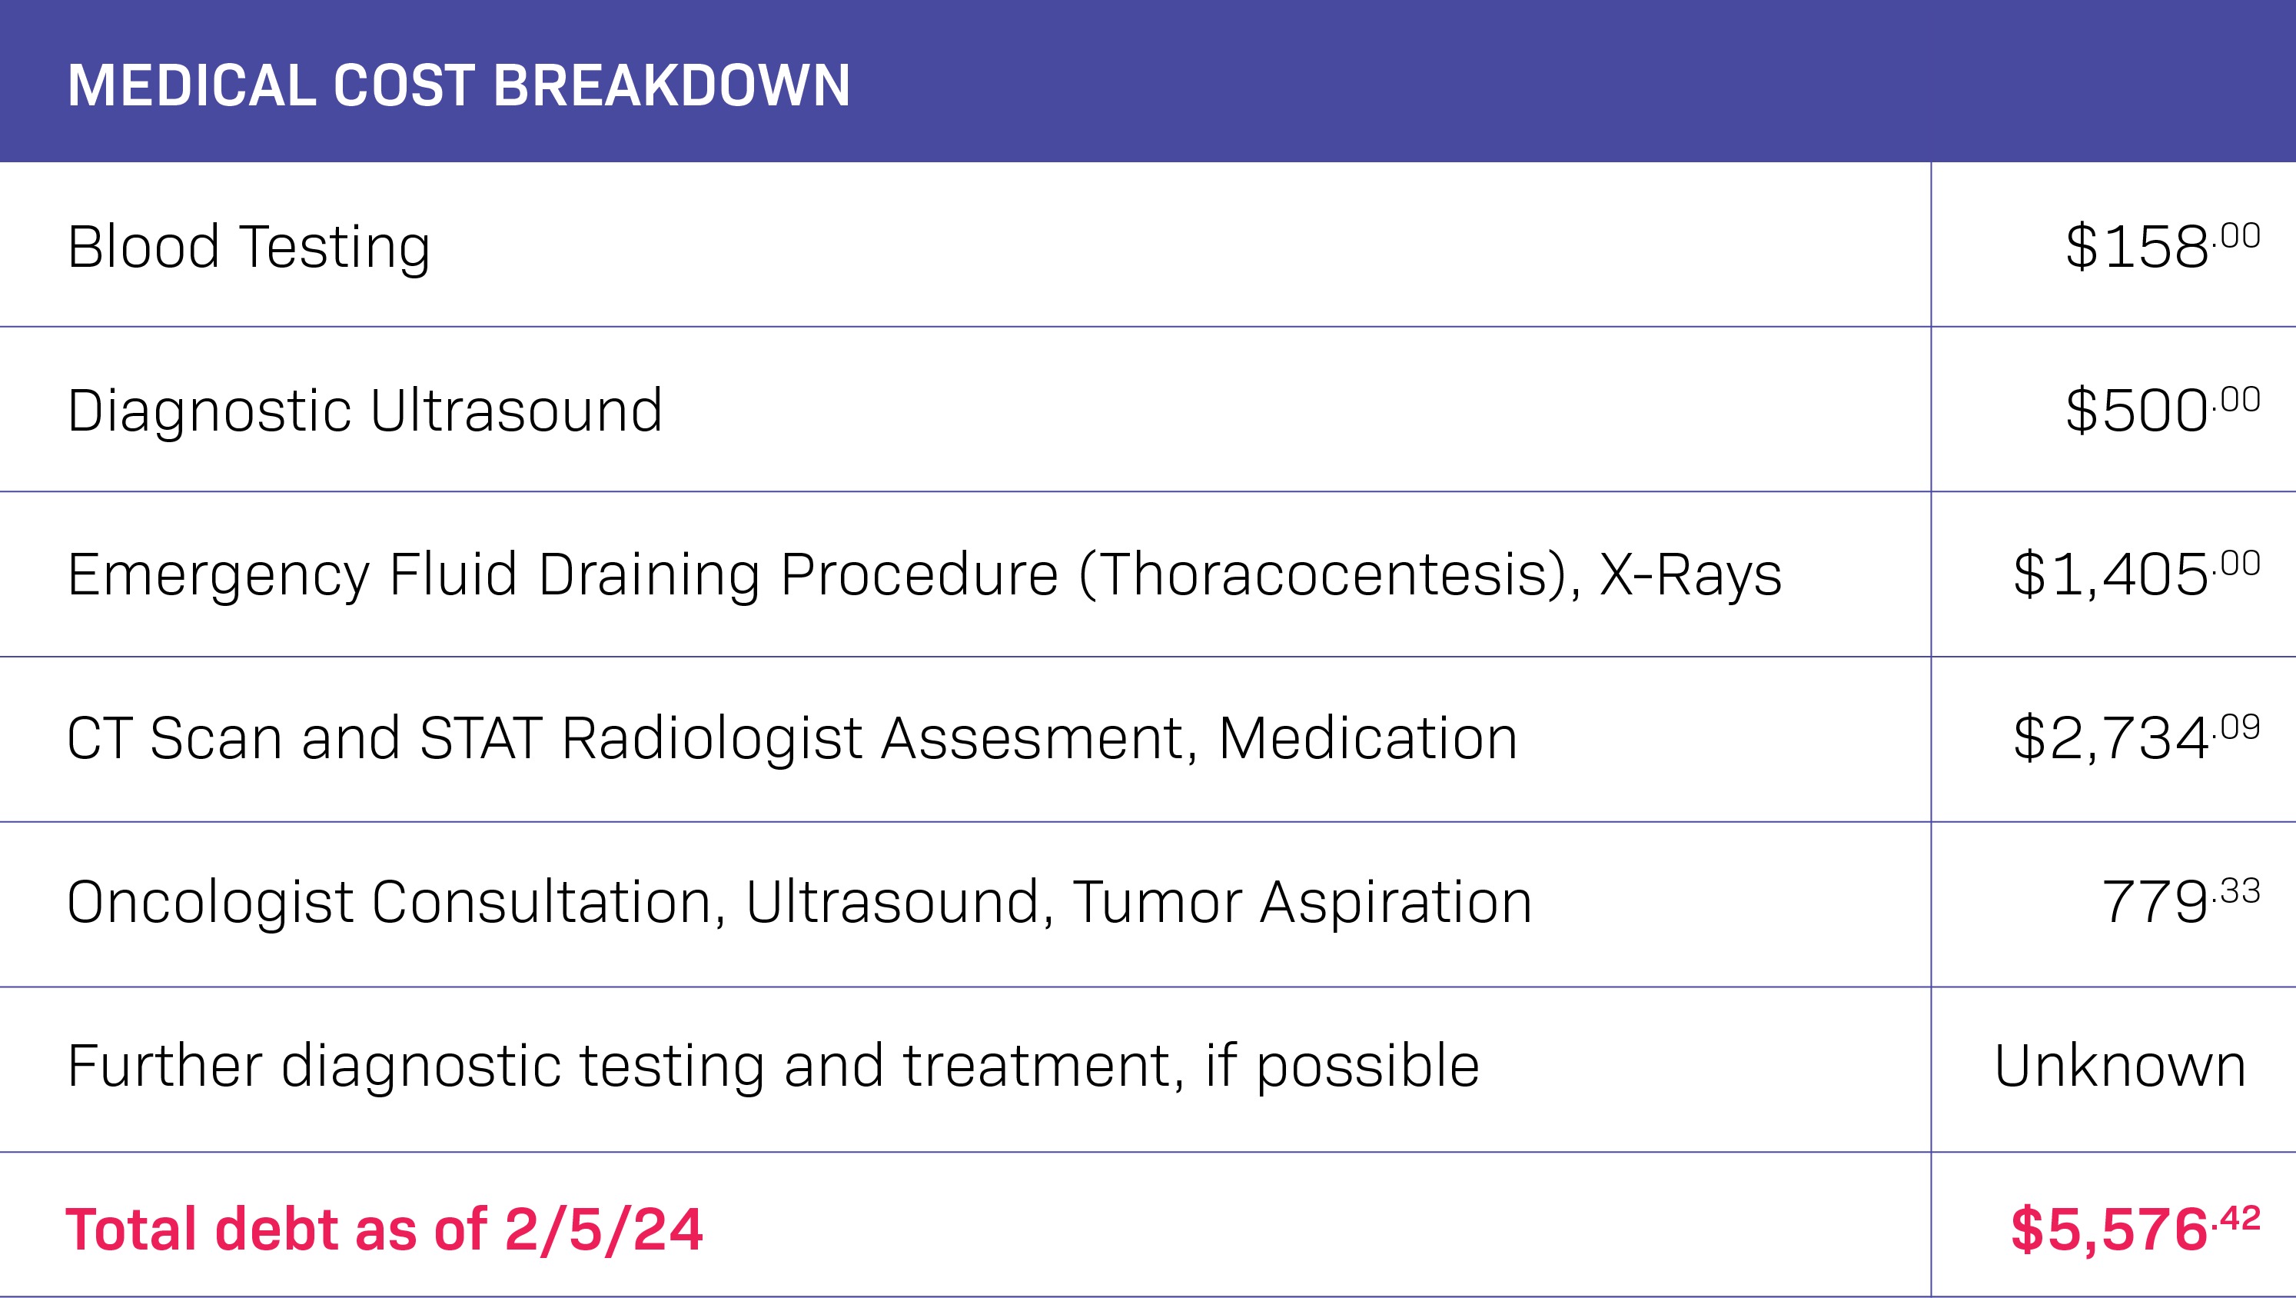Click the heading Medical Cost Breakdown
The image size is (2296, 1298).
pyautogui.click(x=459, y=85)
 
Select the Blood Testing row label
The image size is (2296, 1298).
pyautogui.click(x=249, y=248)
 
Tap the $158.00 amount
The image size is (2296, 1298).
pyautogui.click(x=2163, y=246)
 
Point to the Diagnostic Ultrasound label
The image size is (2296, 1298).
pyautogui.click(x=365, y=411)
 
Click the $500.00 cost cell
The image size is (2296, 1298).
pyautogui.click(x=2163, y=410)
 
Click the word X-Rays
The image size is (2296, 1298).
pyautogui.click(x=1691, y=576)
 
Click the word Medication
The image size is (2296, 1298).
pyautogui.click(x=1368, y=739)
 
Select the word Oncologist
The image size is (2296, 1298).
pyautogui.click(x=211, y=904)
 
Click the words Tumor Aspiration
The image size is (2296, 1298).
pyautogui.click(x=1302, y=904)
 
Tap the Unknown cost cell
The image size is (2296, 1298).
pyautogui.click(x=2119, y=1067)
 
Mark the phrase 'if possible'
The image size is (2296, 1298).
pyautogui.click(x=1342, y=1068)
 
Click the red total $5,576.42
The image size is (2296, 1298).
pyautogui.click(x=2135, y=1231)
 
